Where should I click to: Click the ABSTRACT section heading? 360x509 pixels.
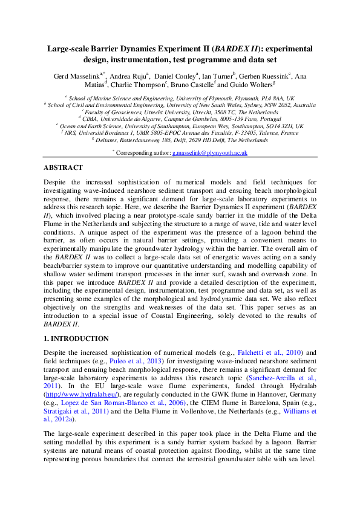(63, 167)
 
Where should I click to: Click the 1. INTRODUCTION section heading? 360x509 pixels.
(76, 339)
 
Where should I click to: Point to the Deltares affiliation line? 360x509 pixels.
(180, 140)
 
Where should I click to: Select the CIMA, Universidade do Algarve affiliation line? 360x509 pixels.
(180, 118)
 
